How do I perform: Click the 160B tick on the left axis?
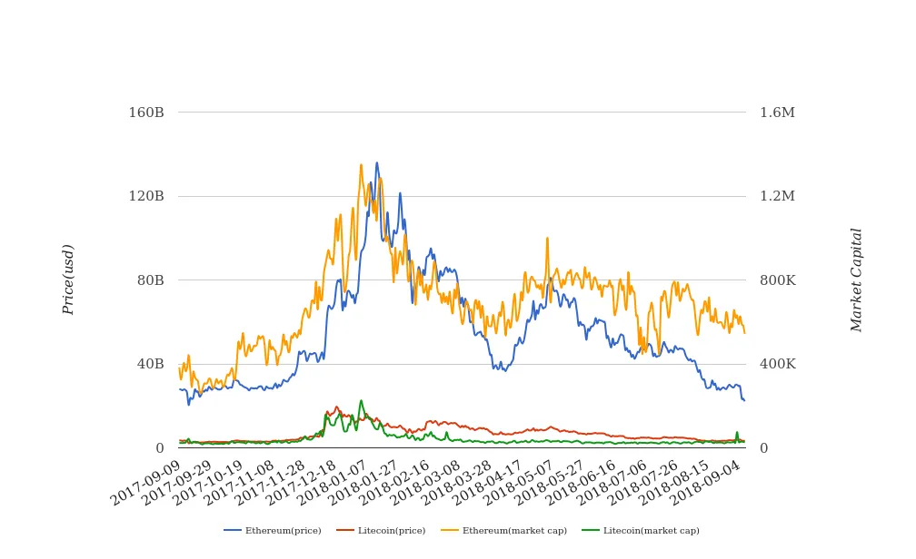(146, 113)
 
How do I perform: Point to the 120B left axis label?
(146, 196)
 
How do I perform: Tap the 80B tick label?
(150, 280)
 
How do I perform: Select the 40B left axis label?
(150, 364)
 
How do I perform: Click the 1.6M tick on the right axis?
(777, 113)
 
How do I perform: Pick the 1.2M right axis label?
(777, 196)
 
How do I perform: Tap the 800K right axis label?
(777, 280)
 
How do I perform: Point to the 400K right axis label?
(777, 364)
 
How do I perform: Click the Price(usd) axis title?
(68, 279)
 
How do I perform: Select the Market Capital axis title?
(857, 279)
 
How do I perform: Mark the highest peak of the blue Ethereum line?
(377, 163)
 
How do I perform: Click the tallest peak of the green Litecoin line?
(361, 400)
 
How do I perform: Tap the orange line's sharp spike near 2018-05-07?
(547, 239)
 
